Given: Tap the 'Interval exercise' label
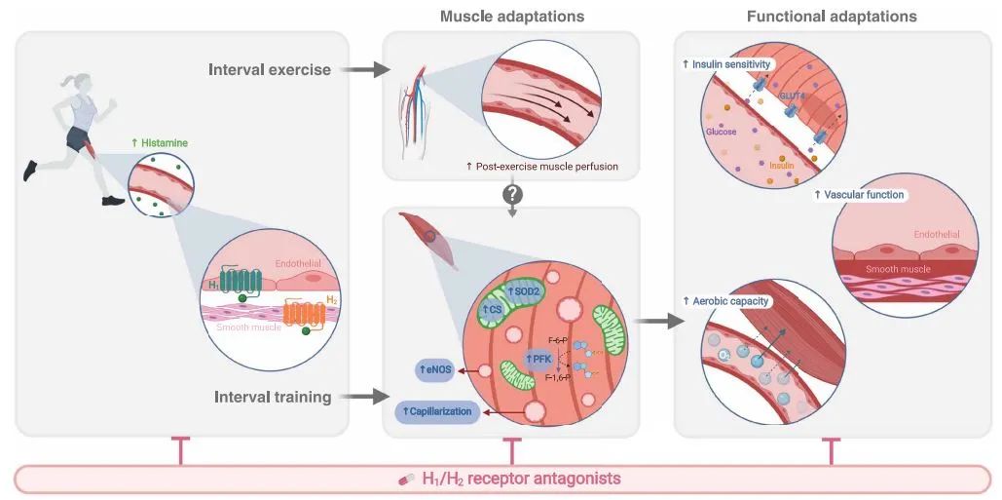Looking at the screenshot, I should (270, 70).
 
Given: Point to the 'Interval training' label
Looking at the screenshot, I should (273, 397).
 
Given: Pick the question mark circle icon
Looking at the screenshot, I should (511, 194).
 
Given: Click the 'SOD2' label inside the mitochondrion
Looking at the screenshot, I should (526, 291).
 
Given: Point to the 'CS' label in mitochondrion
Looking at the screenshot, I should (494, 309).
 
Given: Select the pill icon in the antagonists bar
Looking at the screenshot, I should (408, 480).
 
